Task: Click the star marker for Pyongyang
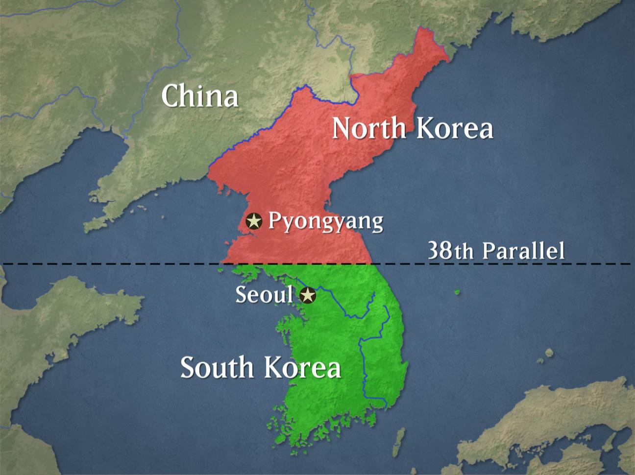coord(254,221)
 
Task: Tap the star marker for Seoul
coord(308,295)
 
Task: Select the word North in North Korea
coord(369,128)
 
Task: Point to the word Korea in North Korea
coord(455,128)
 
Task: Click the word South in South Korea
coord(217,367)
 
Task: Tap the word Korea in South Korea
coord(302,367)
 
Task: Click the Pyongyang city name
coord(326,221)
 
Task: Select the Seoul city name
coord(264,294)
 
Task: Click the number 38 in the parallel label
coord(440,250)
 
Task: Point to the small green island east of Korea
coord(457,292)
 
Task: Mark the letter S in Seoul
coord(242,294)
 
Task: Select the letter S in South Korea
coord(188,367)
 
